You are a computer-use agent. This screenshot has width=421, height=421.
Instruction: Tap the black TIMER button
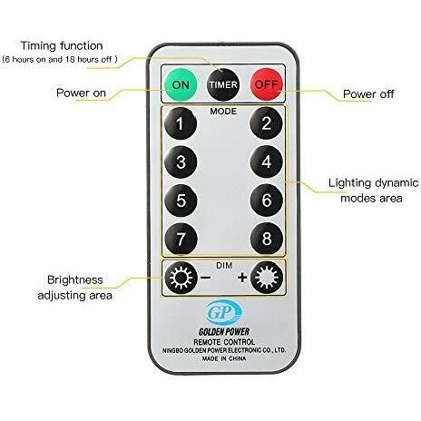point(222,84)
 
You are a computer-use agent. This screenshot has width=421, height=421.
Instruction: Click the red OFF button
point(267,84)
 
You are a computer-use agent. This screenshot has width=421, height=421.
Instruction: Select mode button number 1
point(181,123)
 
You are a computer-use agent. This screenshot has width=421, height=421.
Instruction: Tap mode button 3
point(181,162)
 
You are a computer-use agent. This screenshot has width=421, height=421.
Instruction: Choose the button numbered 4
point(267,162)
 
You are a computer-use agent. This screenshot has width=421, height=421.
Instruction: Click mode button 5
point(181,201)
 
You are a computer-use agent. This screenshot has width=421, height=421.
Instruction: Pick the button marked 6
point(267,201)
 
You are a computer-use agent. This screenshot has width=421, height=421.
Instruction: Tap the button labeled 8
point(267,239)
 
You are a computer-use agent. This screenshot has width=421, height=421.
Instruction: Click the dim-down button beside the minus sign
point(181,278)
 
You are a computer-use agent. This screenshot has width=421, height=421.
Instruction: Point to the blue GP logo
point(224,312)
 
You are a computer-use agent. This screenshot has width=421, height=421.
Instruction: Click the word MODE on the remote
point(223,112)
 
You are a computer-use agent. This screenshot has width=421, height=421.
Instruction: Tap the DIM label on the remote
point(224,266)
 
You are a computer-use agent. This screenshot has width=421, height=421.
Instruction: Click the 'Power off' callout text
point(368,94)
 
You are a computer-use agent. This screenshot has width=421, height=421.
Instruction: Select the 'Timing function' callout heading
point(62,45)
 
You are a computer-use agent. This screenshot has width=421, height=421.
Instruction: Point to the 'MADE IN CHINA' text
point(224,358)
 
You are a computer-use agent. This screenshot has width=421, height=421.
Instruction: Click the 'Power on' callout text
point(81,93)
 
